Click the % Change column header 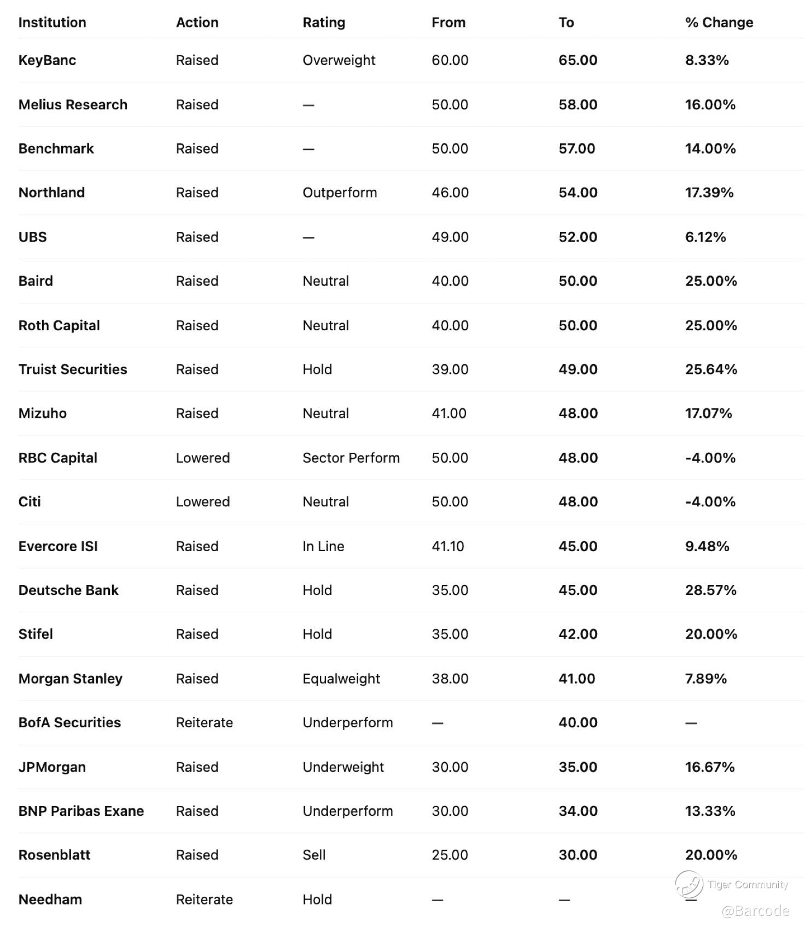719,22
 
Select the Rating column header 324,22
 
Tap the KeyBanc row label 47,60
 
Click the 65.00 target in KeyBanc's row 577,60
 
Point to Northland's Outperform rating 340,192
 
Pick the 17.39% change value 709,192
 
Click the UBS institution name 33,237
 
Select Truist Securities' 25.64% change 711,369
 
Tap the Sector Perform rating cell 351,458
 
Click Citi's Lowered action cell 202,502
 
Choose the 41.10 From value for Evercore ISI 448,546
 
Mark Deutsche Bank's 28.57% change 710,590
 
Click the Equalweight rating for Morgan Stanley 341,679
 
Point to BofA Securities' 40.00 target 577,722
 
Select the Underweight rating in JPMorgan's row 343,767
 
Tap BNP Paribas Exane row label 81,811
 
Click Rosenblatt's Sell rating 314,855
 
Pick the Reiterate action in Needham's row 204,899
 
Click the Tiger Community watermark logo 689,884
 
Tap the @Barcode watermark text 755,910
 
